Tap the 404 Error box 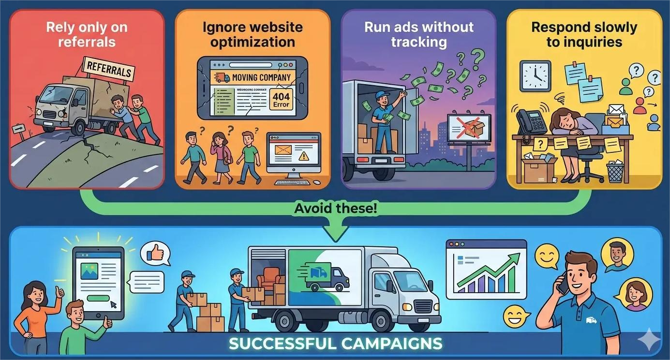click(x=281, y=99)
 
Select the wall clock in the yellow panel click(x=535, y=76)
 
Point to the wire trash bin click(x=615, y=172)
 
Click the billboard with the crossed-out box click(x=469, y=128)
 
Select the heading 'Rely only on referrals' click(x=88, y=34)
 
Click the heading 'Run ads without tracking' click(x=419, y=34)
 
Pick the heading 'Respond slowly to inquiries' click(x=584, y=34)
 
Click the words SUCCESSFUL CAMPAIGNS click(x=335, y=344)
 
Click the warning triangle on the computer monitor click(x=303, y=156)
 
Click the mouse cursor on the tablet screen click(x=114, y=305)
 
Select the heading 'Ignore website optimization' click(x=253, y=34)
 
